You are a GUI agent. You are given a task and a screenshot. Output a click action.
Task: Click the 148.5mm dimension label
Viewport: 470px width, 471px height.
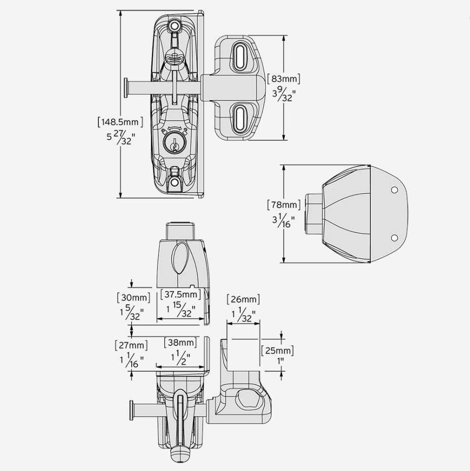(x=120, y=122)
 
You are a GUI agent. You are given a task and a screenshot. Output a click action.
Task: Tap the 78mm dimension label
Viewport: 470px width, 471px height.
(x=284, y=205)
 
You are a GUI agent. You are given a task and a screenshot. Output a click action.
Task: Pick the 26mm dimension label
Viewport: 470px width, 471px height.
(x=243, y=299)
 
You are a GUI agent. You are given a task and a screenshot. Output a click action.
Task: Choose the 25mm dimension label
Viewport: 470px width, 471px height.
(x=277, y=350)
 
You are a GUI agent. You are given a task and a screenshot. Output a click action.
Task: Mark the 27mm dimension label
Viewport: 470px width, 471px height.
(x=131, y=345)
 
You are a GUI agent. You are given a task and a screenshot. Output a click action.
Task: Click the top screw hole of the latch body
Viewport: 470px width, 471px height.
(x=175, y=25)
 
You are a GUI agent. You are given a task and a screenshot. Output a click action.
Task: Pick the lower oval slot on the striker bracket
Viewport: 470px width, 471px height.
(x=239, y=117)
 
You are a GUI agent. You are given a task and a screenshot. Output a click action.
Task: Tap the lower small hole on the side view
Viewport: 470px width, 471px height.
(x=394, y=238)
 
